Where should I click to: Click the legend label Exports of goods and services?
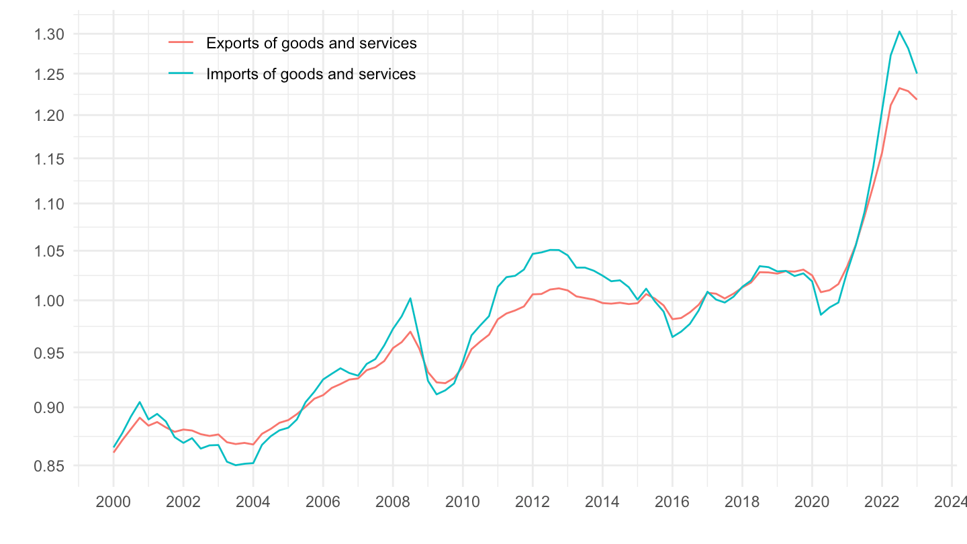pyautogui.click(x=312, y=44)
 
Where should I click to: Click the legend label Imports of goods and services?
pyautogui.click(x=311, y=74)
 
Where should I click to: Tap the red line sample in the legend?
pyautogui.click(x=181, y=44)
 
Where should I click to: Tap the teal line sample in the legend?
pyautogui.click(x=181, y=74)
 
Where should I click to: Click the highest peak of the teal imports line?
pyautogui.click(x=899, y=32)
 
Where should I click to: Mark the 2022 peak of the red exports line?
pyautogui.click(x=899, y=88)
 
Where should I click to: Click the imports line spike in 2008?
pyautogui.click(x=410, y=298)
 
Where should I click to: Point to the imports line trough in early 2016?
pyautogui.click(x=673, y=336)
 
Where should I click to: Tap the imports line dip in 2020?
pyautogui.click(x=821, y=314)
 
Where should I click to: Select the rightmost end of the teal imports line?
pyautogui.click(x=917, y=73)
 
